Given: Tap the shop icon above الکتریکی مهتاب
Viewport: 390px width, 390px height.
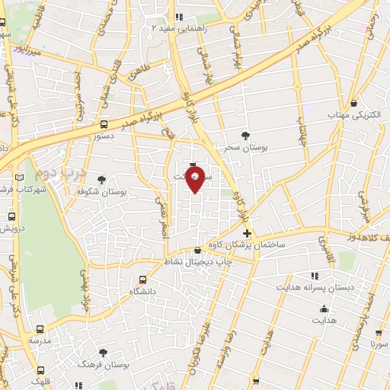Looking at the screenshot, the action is (x=354, y=104).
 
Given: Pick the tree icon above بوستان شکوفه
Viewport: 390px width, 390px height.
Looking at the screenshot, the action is (x=102, y=179).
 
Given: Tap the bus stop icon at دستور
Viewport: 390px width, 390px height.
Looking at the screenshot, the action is (x=104, y=124).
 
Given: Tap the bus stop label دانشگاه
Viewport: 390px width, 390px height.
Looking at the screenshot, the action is (x=143, y=290).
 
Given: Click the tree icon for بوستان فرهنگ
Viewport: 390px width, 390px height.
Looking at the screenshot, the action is (x=103, y=353).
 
